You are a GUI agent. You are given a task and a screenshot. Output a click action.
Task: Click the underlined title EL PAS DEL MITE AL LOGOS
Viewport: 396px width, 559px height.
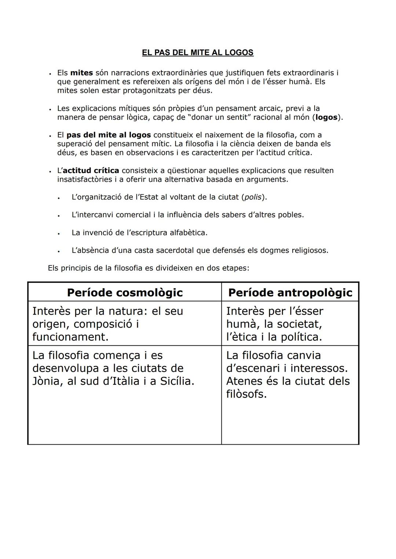click(x=198, y=53)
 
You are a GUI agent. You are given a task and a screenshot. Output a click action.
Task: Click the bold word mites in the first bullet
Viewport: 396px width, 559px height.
click(x=81, y=73)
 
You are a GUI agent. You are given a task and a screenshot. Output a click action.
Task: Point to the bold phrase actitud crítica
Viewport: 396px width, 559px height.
click(x=91, y=171)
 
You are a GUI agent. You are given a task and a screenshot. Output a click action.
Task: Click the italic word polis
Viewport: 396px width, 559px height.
click(x=253, y=197)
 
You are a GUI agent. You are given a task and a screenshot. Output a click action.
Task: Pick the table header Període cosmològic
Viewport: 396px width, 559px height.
click(x=125, y=293)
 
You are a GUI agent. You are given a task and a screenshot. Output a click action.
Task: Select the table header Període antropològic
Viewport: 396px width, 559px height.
click(x=290, y=293)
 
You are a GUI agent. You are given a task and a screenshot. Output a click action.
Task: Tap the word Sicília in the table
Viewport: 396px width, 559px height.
click(x=177, y=382)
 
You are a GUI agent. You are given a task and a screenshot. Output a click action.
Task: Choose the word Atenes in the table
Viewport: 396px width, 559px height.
click(x=244, y=382)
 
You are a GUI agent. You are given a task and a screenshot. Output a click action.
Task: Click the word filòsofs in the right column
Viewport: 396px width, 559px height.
click(x=246, y=394)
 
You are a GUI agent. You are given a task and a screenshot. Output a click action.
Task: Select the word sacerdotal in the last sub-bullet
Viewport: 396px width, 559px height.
click(x=175, y=251)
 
